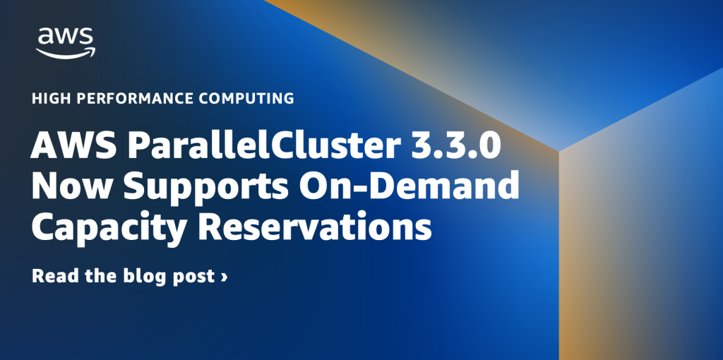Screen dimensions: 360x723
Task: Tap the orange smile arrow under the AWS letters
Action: point(66,52)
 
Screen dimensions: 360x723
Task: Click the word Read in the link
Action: point(54,276)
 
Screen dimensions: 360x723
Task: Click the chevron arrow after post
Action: point(224,277)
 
